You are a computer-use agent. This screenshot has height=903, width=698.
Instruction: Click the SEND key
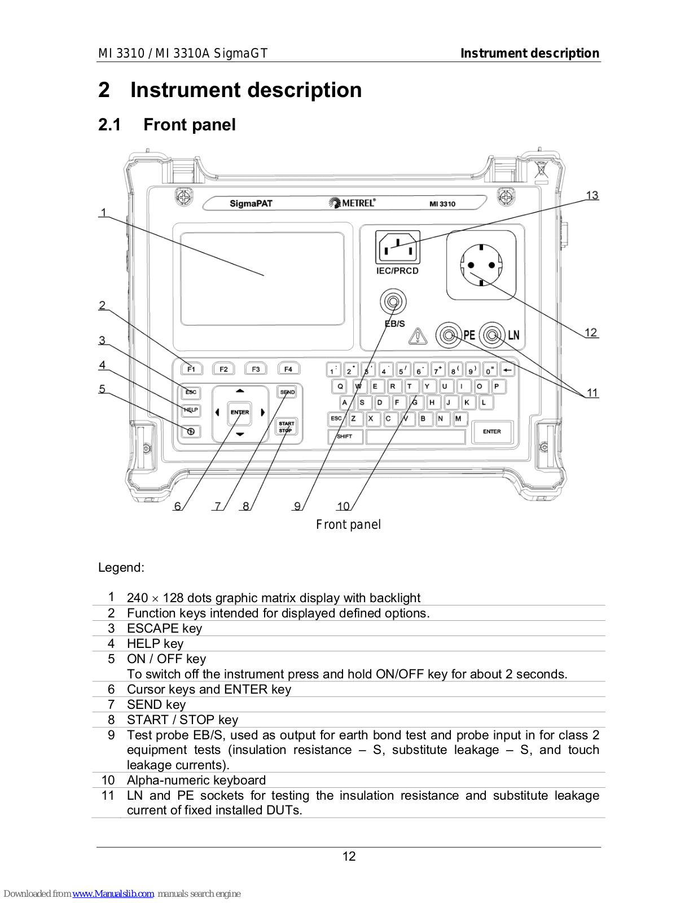tap(287, 392)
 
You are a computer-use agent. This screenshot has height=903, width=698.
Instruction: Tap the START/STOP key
tap(286, 427)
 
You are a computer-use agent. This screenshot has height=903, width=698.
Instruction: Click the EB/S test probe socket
tap(393, 301)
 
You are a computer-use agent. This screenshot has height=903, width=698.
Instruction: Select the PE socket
tap(448, 335)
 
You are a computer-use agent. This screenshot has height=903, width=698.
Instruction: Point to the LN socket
tap(493, 335)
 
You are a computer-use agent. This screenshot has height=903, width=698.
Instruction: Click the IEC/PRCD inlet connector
tap(398, 247)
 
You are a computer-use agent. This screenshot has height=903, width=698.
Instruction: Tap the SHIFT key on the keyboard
tap(345, 436)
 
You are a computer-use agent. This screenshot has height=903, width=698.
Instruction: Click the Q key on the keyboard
tap(340, 386)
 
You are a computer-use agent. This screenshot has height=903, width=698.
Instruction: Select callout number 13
tap(592, 195)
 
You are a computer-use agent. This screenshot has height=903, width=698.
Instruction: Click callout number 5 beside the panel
tap(102, 388)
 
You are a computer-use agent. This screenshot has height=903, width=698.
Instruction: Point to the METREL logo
tap(352, 203)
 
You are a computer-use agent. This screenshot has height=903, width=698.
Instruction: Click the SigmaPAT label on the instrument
tap(251, 203)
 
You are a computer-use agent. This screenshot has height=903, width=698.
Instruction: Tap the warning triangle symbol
tap(418, 336)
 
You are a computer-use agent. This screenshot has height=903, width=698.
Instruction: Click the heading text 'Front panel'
tap(190, 125)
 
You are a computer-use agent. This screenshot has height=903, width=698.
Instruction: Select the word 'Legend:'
tap(121, 567)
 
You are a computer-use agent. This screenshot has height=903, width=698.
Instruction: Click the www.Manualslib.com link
tap(113, 893)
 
